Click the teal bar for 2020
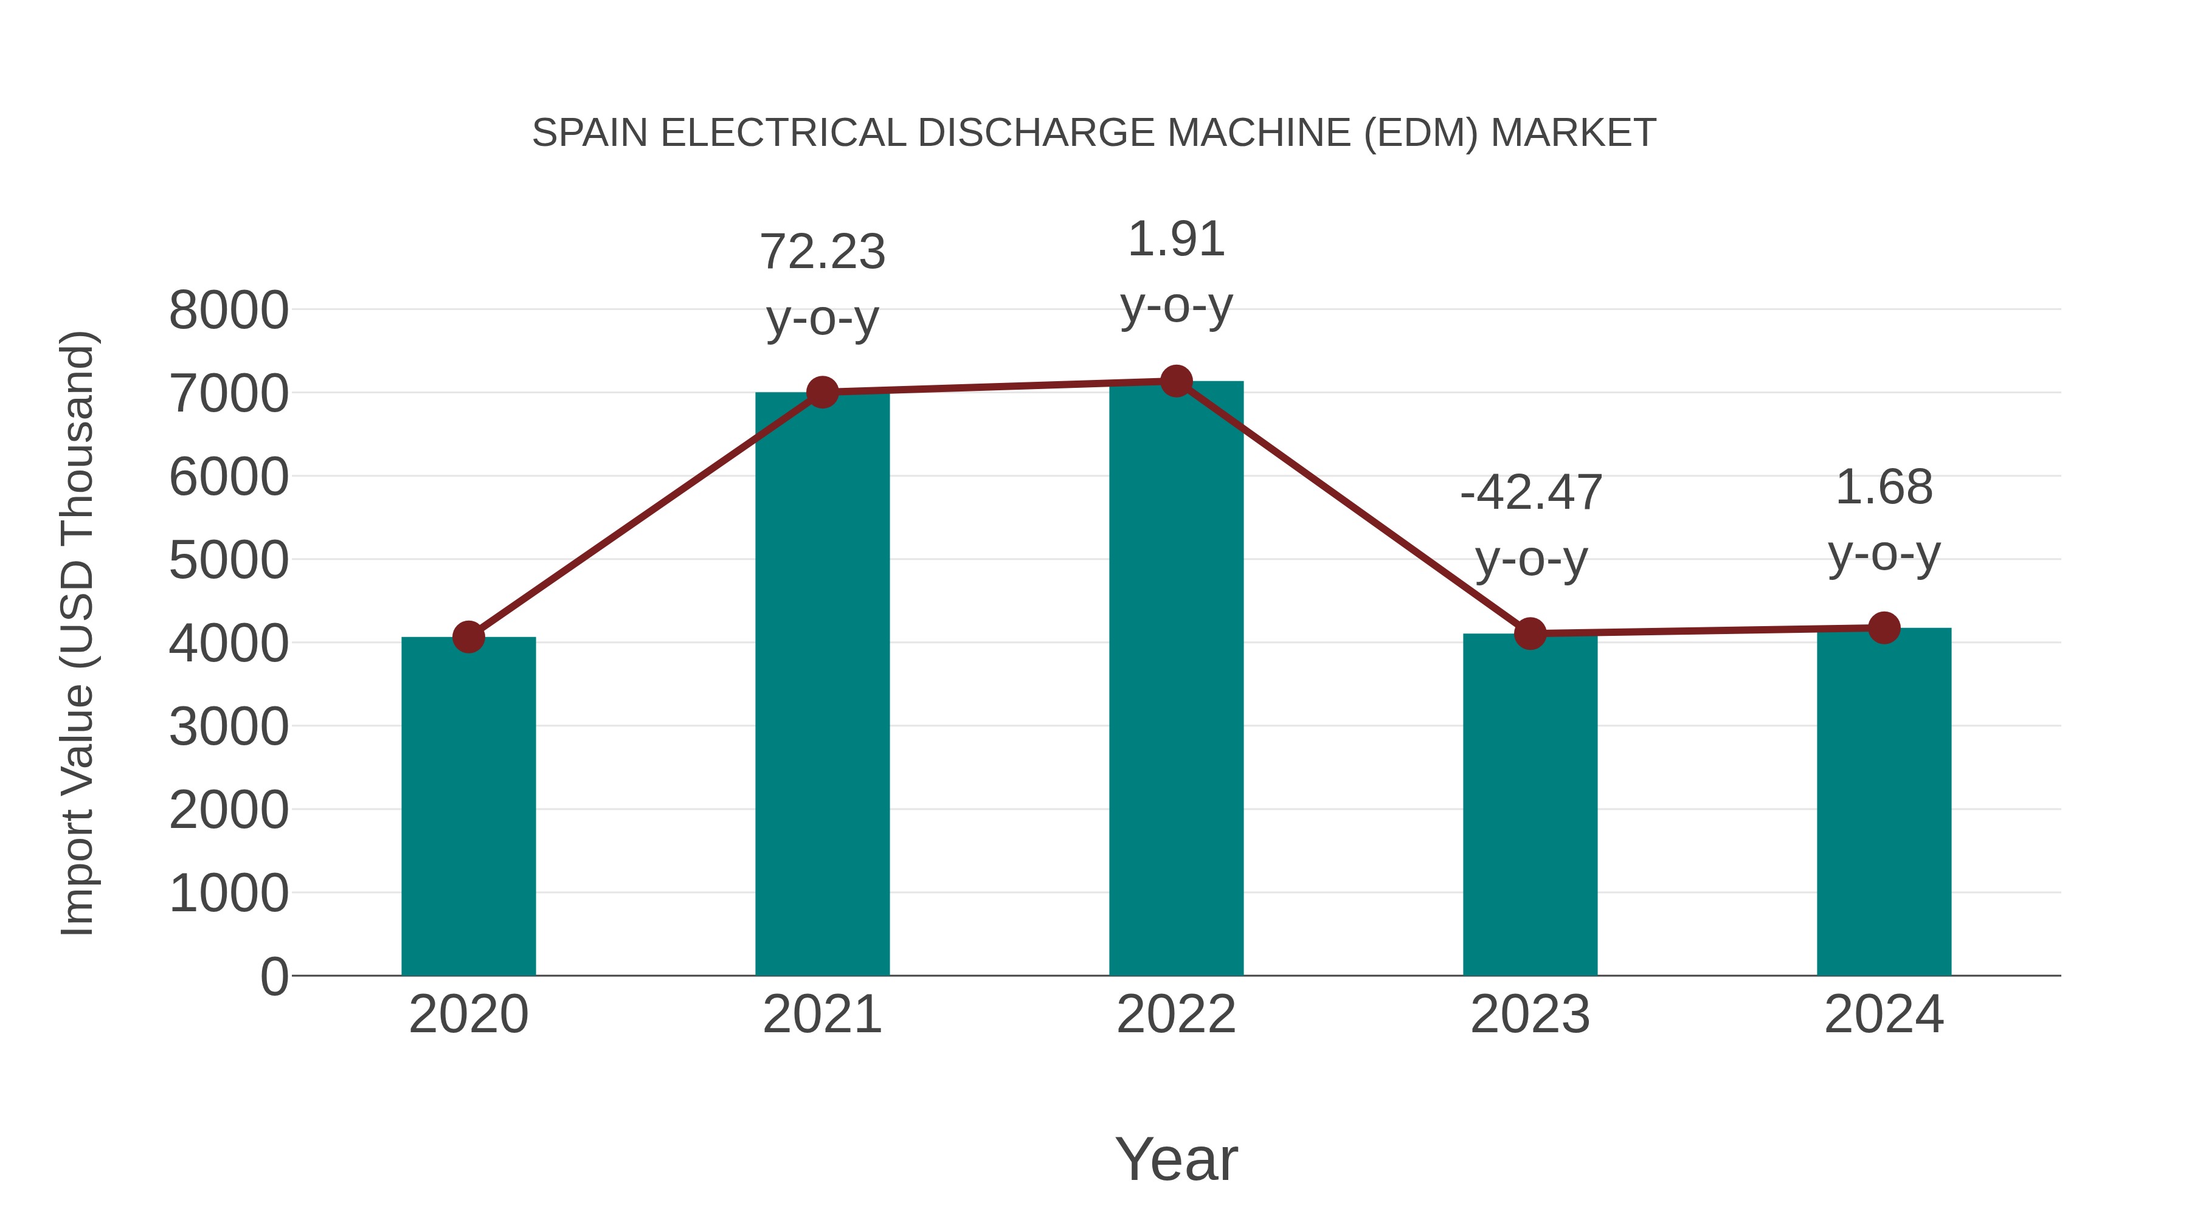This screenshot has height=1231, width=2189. tap(468, 807)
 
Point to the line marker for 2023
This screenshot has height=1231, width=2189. tap(1530, 634)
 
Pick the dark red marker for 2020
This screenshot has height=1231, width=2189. tap(468, 636)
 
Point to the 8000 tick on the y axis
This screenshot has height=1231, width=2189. tap(229, 311)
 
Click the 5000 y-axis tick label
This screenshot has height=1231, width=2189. tap(229, 560)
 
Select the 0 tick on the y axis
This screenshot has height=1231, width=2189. tap(274, 977)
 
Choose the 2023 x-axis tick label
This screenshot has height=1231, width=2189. tap(1530, 1015)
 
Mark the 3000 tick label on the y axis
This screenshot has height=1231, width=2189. tap(229, 727)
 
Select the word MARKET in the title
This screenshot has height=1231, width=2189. tap(1573, 133)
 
